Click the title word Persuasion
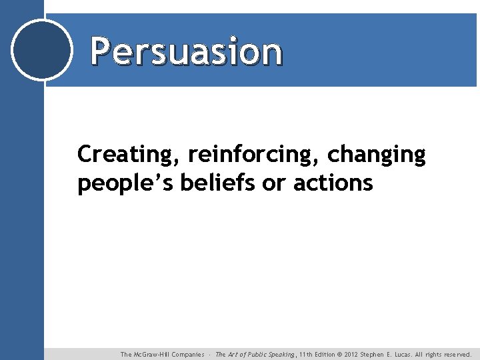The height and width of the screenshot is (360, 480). point(186,52)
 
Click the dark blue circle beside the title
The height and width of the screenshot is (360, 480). point(42,50)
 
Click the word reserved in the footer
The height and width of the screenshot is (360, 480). point(457,355)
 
